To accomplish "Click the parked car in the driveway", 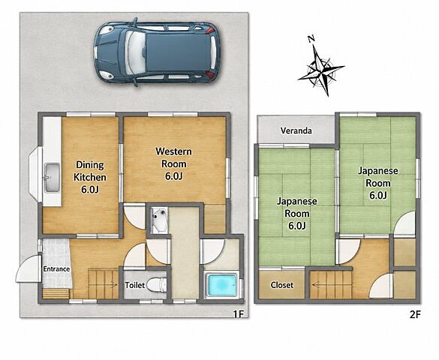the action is (157, 52).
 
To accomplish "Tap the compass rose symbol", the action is (322, 69).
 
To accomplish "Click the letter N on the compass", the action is (311, 39).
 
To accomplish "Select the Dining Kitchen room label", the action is (90, 177).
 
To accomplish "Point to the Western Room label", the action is (173, 163).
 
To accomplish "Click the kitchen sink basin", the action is (53, 178).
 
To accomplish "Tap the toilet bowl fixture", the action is (156, 284).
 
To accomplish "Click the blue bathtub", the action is (221, 285).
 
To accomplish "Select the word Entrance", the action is (56, 269).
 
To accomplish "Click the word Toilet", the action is (134, 285).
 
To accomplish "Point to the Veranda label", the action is (296, 130).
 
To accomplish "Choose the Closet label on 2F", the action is (282, 285).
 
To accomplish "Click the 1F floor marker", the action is (239, 314).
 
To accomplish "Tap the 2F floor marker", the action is (415, 315).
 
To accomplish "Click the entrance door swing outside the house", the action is (28, 268).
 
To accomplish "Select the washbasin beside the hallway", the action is (160, 220).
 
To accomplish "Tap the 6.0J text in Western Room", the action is (173, 176).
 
